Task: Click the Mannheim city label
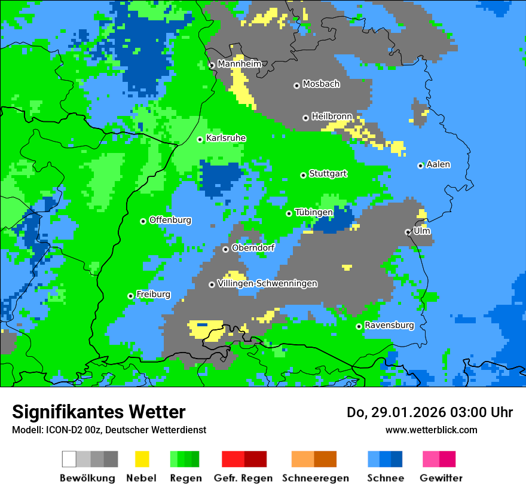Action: pyautogui.click(x=239, y=64)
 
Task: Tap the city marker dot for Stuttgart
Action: pyautogui.click(x=303, y=175)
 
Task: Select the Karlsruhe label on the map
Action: pyautogui.click(x=225, y=138)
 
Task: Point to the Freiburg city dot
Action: pyautogui.click(x=130, y=296)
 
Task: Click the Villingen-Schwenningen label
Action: pyautogui.click(x=267, y=283)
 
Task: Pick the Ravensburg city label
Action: pyautogui.click(x=389, y=325)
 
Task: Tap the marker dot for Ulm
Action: pyautogui.click(x=408, y=232)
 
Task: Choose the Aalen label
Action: pyautogui.click(x=438, y=164)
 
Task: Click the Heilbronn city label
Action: pyautogui.click(x=332, y=117)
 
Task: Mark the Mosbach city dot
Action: pyautogui.click(x=296, y=85)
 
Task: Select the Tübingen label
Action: pyautogui.click(x=313, y=212)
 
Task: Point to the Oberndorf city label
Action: pyautogui.click(x=253, y=248)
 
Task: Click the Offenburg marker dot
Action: pyautogui.click(x=143, y=221)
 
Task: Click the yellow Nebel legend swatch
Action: pyautogui.click(x=142, y=459)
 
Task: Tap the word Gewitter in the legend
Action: pyautogui.click(x=441, y=478)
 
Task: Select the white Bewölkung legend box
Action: pyautogui.click(x=69, y=459)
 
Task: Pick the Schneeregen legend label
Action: pyautogui.click(x=315, y=478)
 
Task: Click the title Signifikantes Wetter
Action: pyautogui.click(x=99, y=412)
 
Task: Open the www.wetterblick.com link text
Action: pyautogui.click(x=431, y=430)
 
